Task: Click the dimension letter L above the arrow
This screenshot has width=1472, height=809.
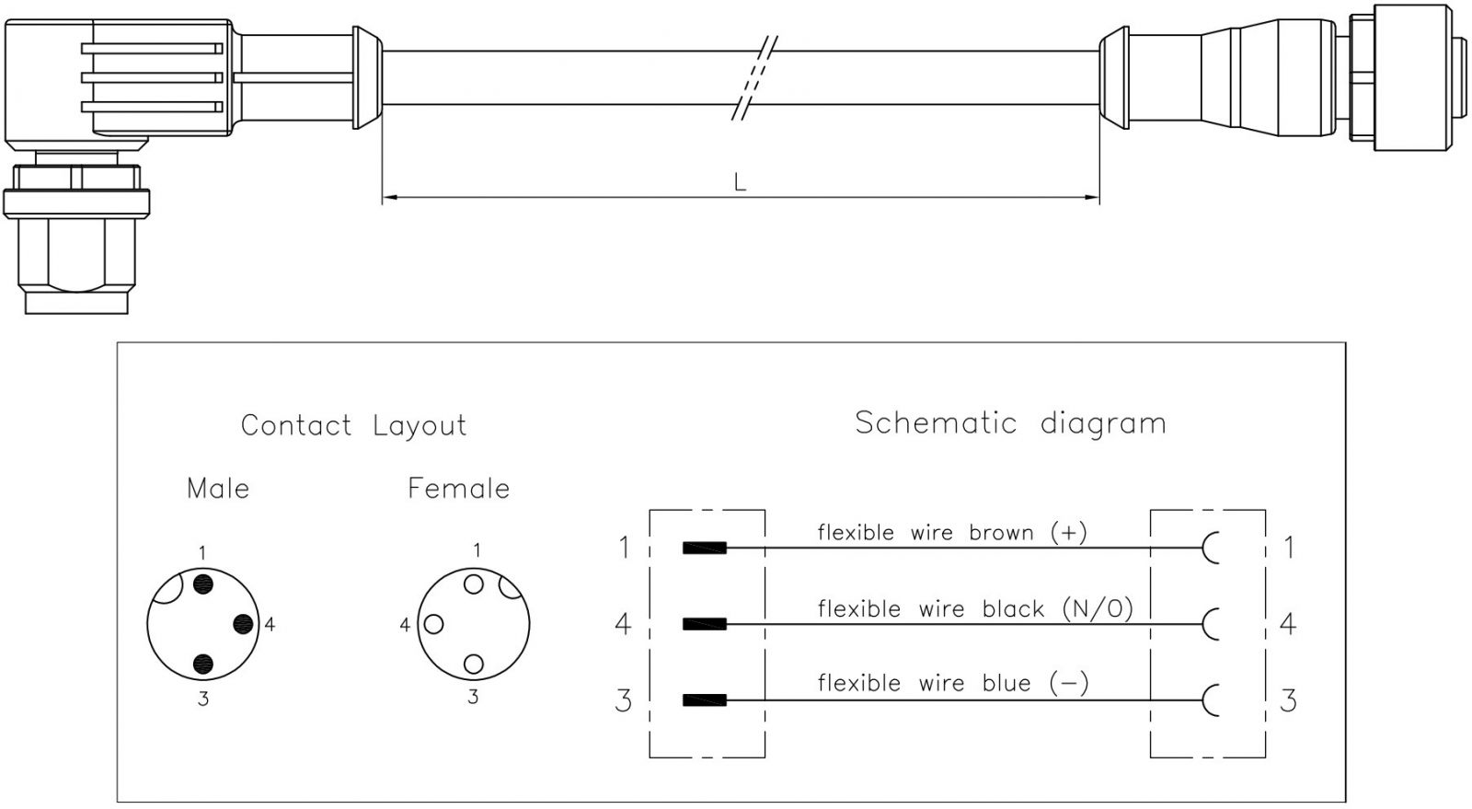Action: (740, 182)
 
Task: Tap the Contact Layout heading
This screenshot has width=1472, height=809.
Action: (353, 425)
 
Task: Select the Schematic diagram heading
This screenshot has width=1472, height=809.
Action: (1011, 423)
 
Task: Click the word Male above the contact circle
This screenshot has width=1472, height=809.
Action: (218, 489)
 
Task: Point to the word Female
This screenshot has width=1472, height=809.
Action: (459, 489)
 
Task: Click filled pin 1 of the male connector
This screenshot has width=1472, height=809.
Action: (203, 584)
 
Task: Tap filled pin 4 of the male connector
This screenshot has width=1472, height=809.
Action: (243, 624)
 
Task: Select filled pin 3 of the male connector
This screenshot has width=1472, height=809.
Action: (203, 665)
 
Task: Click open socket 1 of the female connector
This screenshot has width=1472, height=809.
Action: (474, 584)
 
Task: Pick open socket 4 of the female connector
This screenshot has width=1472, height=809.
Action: (433, 624)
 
